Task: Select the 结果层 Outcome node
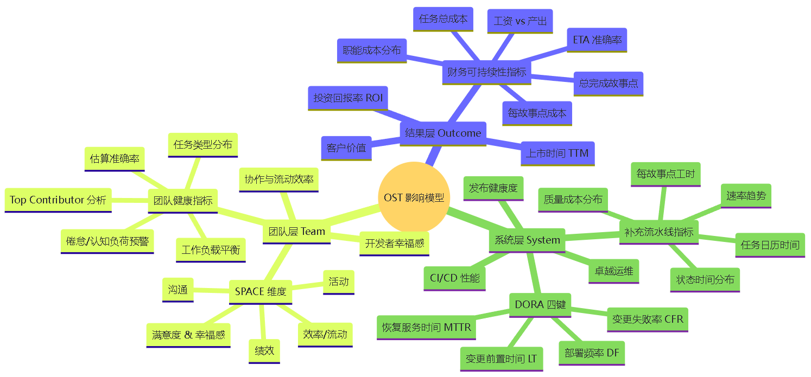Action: tap(443, 133)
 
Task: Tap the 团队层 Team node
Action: tap(297, 232)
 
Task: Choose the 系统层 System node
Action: tap(527, 240)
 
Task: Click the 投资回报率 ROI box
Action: tap(348, 98)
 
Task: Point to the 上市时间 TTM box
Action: tap(557, 154)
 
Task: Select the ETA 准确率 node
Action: tap(597, 40)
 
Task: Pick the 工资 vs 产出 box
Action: tap(519, 22)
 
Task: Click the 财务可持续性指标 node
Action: tap(486, 72)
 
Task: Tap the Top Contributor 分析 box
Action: tap(58, 200)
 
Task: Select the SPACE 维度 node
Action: tap(261, 292)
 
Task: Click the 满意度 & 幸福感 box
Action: tap(188, 335)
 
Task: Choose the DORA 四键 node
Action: tap(540, 305)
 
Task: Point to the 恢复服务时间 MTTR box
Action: tap(427, 328)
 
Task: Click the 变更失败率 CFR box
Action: tap(647, 320)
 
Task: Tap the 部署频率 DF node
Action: tap(592, 353)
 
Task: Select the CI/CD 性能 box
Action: tap(454, 278)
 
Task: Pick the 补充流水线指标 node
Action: tap(658, 232)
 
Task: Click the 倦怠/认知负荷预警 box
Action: tap(107, 241)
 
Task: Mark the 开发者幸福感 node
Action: tap(395, 243)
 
